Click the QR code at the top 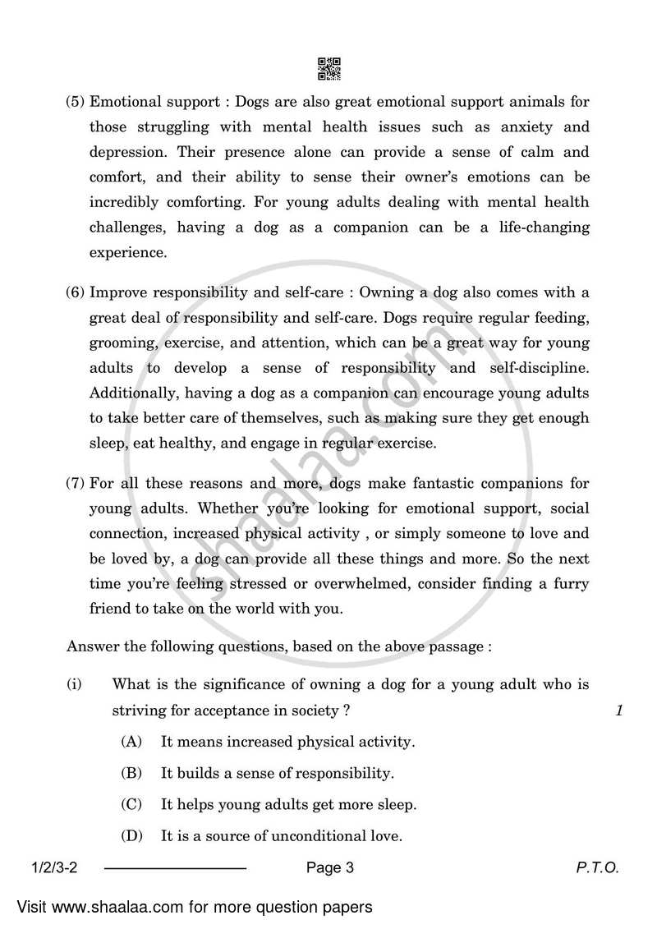tap(328, 69)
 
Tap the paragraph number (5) tap(76, 103)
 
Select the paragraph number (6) tap(76, 292)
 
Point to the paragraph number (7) tap(76, 484)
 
